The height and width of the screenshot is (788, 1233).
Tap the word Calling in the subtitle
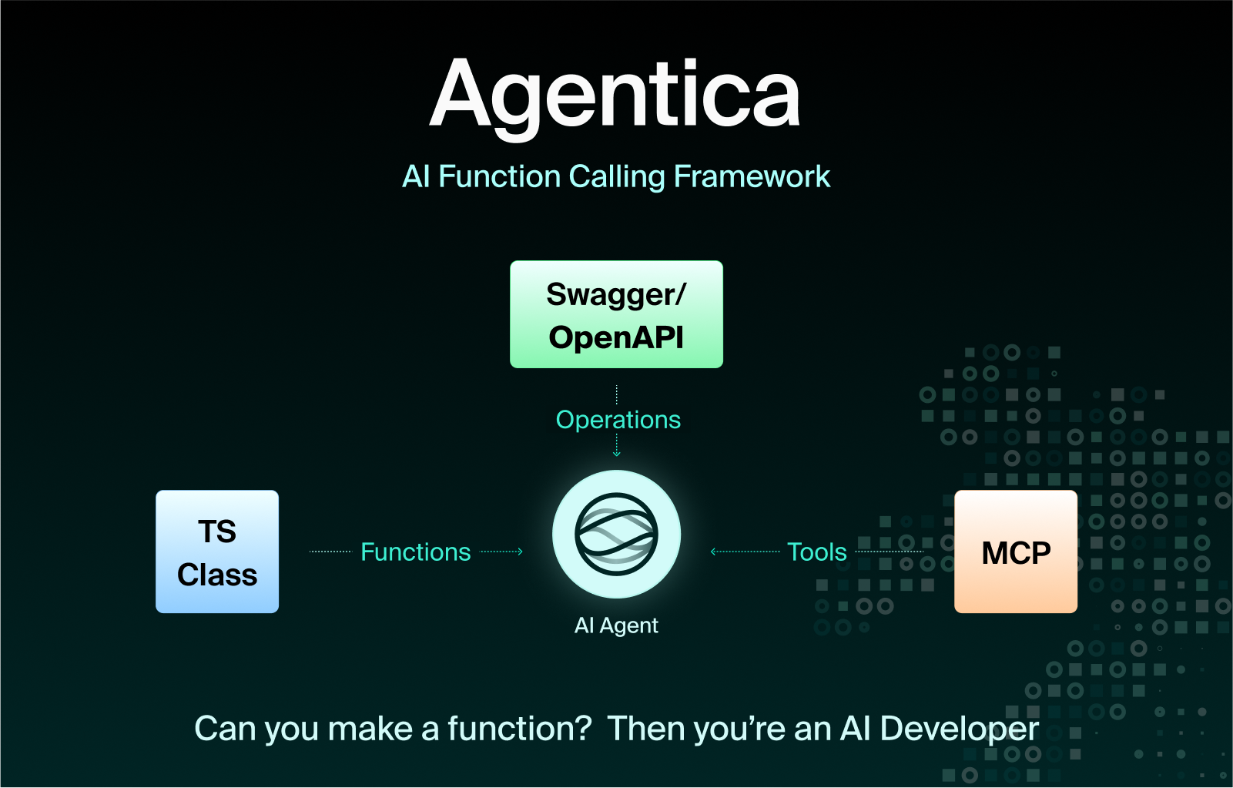tap(617, 177)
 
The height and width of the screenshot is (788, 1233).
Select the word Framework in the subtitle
tap(752, 177)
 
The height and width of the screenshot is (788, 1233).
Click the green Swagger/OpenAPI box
tap(616, 314)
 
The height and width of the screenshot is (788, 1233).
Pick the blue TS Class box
tap(217, 552)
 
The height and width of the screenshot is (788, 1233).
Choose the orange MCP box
tap(1016, 552)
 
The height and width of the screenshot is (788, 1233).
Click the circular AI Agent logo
tap(616, 534)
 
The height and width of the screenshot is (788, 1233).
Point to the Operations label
tap(618, 420)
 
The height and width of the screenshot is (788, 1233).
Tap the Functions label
tap(416, 552)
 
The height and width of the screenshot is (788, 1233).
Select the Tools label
tap(817, 552)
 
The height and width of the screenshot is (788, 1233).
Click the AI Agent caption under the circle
tap(616, 625)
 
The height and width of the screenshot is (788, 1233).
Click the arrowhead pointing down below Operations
tap(616, 454)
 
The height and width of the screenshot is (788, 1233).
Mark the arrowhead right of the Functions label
tap(520, 552)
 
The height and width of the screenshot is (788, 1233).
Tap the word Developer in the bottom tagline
tap(960, 729)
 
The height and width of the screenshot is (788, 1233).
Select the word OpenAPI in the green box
tap(616, 337)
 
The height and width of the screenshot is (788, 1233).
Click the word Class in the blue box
tap(217, 575)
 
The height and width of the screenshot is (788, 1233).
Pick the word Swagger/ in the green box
tap(616, 295)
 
